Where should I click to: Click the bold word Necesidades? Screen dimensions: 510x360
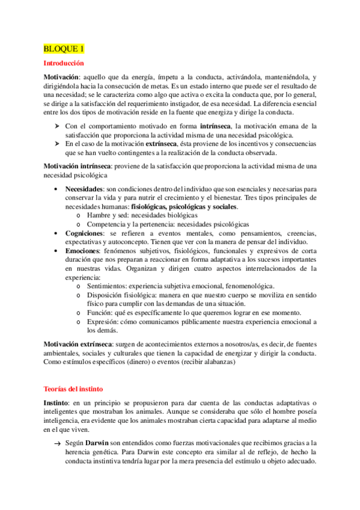click(x=84, y=189)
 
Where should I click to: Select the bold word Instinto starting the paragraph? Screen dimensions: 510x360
click(x=56, y=387)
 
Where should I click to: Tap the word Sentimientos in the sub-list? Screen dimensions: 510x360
click(x=110, y=286)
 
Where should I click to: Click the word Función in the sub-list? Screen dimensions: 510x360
click(x=100, y=313)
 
